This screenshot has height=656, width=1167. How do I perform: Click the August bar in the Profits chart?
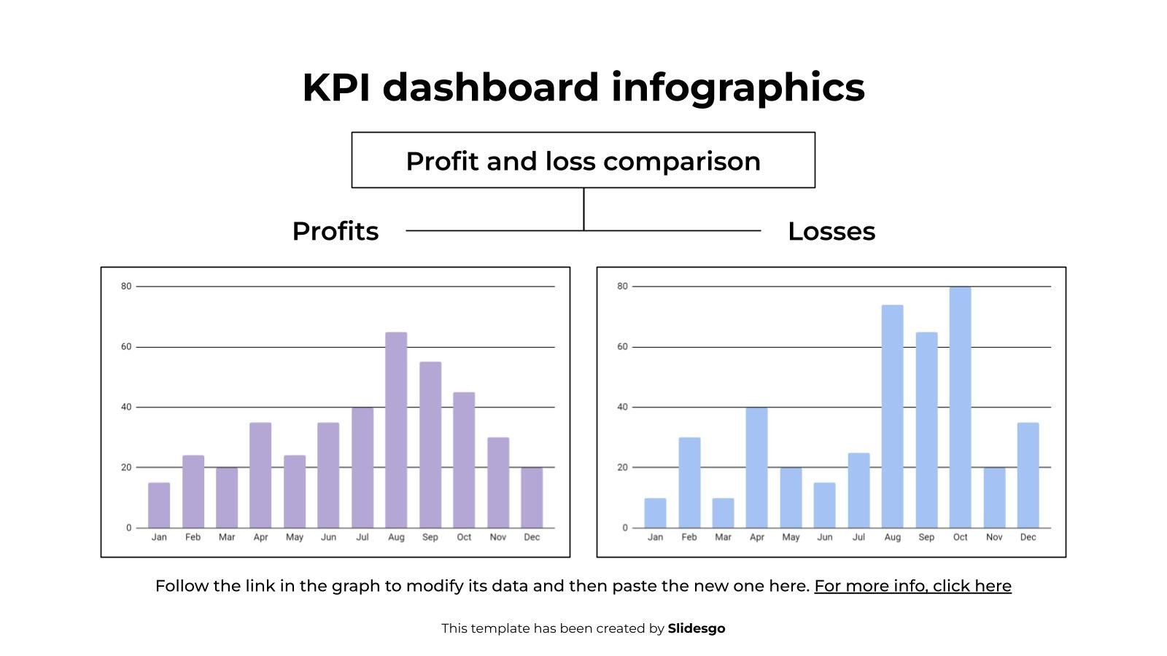(396, 430)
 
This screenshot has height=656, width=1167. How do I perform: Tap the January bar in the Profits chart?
(159, 505)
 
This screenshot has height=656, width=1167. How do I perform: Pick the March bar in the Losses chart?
(723, 513)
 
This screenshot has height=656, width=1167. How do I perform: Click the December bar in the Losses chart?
(1028, 475)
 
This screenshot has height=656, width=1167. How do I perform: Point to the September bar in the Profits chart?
(430, 445)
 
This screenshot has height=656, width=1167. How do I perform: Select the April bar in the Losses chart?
(756, 467)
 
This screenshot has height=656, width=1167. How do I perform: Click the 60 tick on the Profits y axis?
(126, 347)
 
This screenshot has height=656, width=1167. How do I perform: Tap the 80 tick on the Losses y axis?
(622, 286)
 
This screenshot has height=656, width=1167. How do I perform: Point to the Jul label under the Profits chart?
(362, 537)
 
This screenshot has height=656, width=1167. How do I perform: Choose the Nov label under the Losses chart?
(994, 537)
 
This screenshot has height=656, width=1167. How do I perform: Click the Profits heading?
(336, 231)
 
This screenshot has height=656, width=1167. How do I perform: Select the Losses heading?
(831, 231)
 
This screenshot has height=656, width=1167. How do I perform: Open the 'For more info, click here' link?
(912, 586)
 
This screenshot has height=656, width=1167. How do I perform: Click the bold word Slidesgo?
(697, 628)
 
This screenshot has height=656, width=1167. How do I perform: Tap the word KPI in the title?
(336, 87)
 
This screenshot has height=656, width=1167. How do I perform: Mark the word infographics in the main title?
(737, 87)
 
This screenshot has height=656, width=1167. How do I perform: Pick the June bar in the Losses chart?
(824, 505)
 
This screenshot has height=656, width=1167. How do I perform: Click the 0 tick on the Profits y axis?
(129, 528)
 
